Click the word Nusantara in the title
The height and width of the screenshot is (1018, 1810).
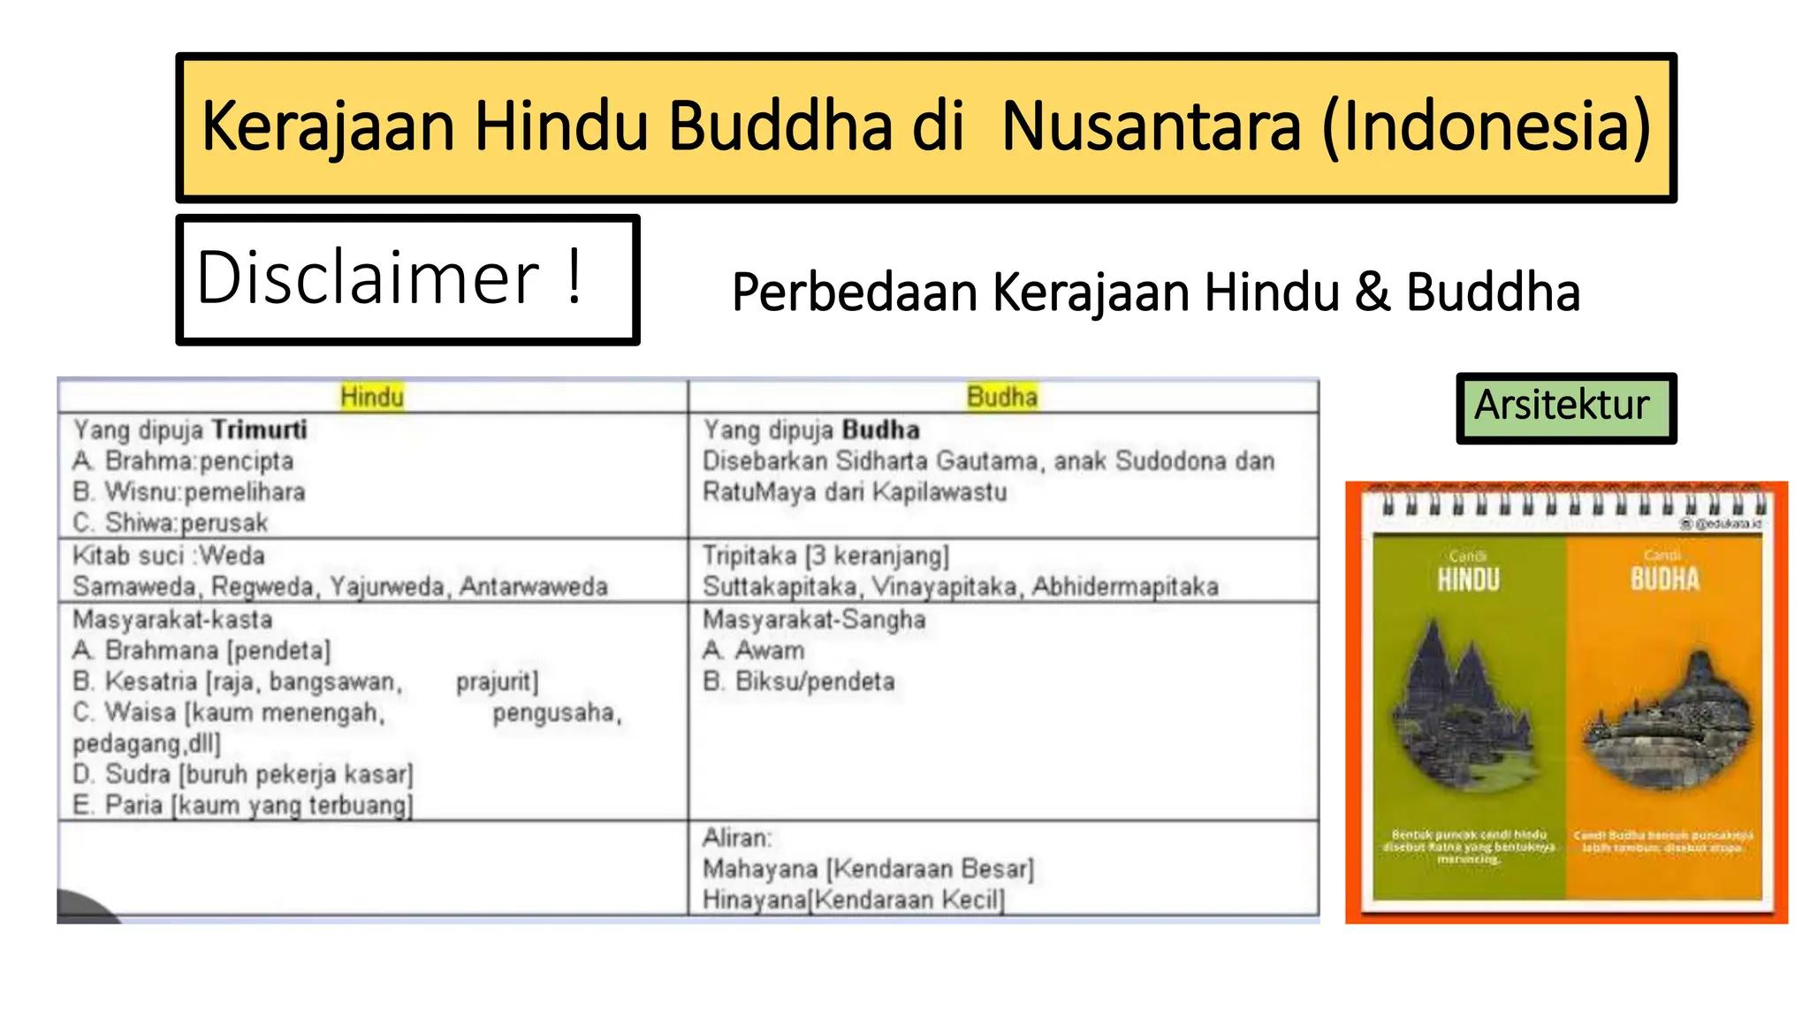(x=1151, y=126)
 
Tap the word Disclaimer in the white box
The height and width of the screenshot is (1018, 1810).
(x=368, y=278)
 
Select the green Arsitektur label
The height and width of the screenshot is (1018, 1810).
(x=1562, y=406)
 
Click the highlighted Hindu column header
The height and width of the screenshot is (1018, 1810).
(x=372, y=397)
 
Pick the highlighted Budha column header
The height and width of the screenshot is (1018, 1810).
(x=1001, y=397)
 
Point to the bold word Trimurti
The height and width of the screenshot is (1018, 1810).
(x=260, y=430)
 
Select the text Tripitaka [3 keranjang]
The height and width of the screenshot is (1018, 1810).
(x=825, y=556)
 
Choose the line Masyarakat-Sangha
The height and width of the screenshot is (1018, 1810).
(x=814, y=619)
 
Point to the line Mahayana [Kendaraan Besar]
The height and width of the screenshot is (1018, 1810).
(x=868, y=869)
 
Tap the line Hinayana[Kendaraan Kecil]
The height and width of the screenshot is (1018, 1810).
(x=854, y=900)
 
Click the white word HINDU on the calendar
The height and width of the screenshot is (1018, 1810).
(x=1468, y=580)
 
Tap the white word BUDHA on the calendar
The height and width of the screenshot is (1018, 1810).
(x=1664, y=580)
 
